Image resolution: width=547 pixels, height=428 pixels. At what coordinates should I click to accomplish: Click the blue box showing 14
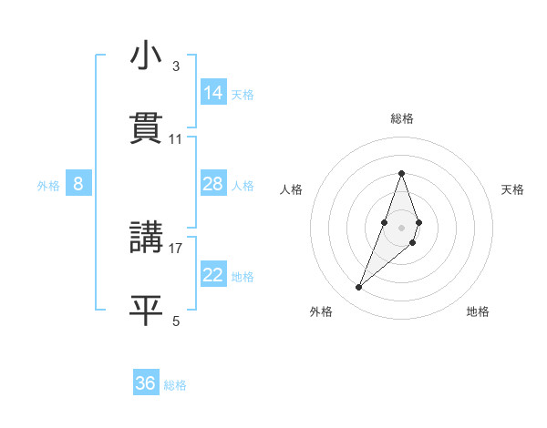click(213, 93)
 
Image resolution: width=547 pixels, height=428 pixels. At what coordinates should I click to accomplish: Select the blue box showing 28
click(213, 184)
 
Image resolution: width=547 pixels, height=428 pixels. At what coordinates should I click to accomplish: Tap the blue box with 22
click(213, 275)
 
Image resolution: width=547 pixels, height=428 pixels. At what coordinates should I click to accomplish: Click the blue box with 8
click(78, 184)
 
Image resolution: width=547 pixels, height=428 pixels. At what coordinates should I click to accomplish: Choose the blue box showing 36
click(146, 383)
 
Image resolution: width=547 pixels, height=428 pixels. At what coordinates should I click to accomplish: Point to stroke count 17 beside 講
click(177, 248)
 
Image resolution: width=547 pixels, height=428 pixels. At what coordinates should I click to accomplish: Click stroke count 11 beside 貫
click(176, 139)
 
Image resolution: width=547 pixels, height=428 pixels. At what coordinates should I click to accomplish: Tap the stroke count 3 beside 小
click(176, 66)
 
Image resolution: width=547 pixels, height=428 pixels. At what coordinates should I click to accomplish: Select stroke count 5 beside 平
click(176, 320)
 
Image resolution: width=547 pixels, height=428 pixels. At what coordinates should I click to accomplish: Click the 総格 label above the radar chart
click(401, 118)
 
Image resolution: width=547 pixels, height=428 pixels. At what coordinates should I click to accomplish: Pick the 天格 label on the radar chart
click(512, 189)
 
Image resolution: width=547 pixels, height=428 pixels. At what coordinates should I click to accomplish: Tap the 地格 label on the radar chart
click(478, 311)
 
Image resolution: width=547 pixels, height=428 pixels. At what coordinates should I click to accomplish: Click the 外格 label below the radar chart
click(321, 311)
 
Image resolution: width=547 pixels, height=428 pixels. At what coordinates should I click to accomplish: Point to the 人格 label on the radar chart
click(291, 189)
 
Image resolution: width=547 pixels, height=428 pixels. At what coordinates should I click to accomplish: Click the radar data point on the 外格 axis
click(358, 288)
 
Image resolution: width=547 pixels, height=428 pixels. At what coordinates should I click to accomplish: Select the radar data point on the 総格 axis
click(401, 173)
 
